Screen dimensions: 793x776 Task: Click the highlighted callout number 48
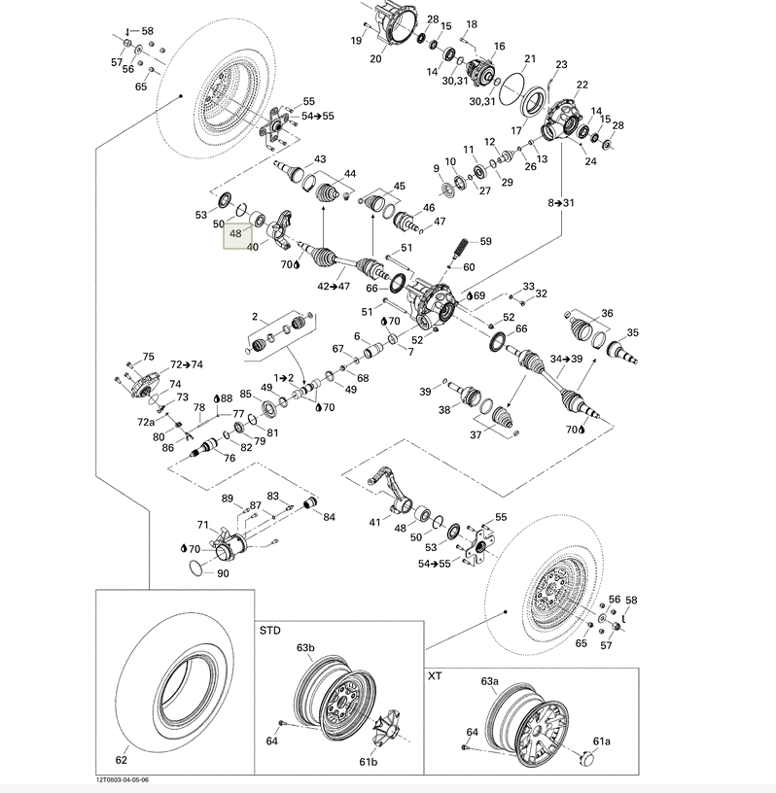click(235, 234)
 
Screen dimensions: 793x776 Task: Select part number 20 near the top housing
click(375, 58)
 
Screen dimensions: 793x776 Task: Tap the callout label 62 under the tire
click(122, 761)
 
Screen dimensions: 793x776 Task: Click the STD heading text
click(269, 631)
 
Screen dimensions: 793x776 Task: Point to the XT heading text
click(435, 673)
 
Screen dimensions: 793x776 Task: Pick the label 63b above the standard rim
click(306, 646)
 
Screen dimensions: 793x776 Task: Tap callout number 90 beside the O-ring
click(223, 573)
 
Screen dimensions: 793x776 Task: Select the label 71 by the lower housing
click(202, 525)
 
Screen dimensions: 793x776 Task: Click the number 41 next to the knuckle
click(374, 523)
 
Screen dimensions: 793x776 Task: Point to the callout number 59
click(484, 242)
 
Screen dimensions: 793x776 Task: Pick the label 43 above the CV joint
click(319, 159)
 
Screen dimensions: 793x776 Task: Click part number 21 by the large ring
click(530, 59)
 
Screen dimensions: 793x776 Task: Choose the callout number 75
click(149, 357)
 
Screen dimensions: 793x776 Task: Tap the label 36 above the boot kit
click(607, 313)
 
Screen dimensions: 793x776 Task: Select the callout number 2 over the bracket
click(255, 317)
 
